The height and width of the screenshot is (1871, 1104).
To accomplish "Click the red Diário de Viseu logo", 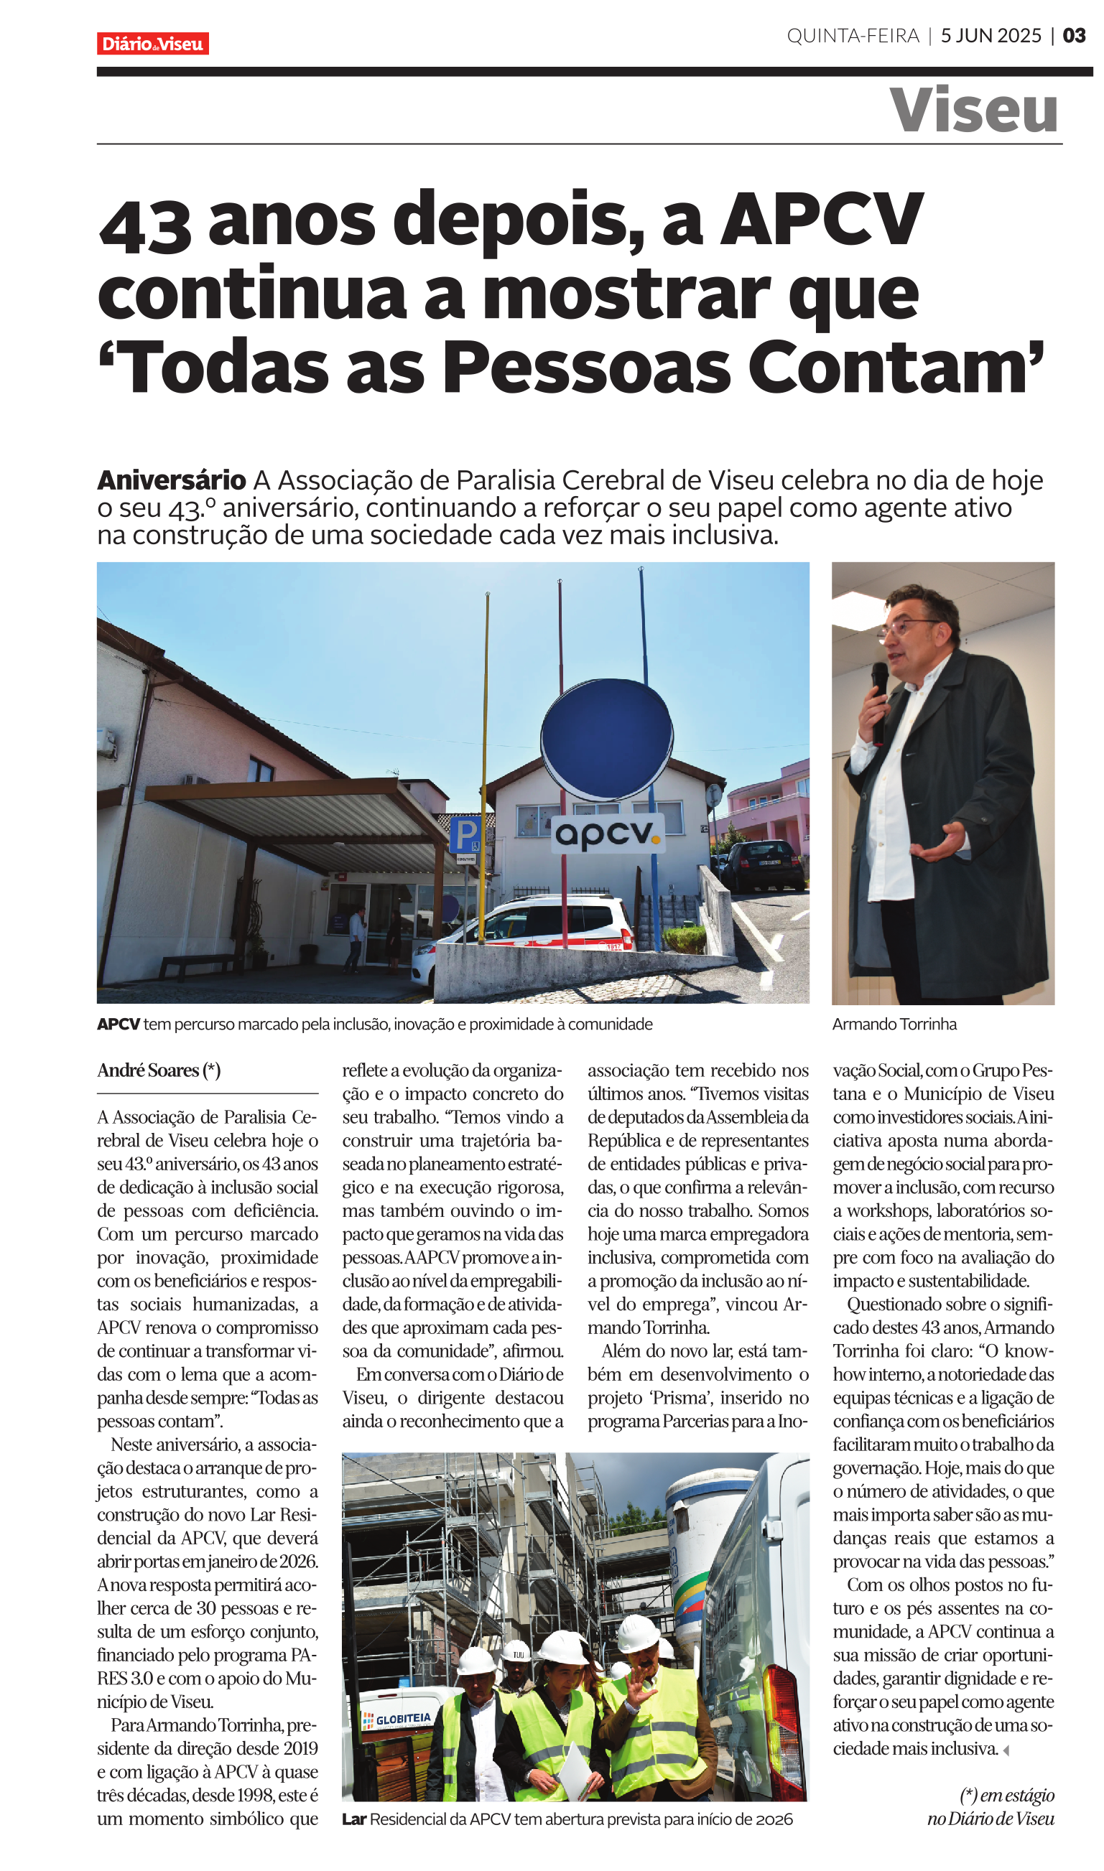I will [x=152, y=44].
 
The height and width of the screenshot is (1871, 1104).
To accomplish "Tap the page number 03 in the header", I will [x=1074, y=36].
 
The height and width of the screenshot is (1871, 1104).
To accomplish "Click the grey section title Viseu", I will [x=973, y=110].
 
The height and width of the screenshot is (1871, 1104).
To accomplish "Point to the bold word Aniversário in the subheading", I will [x=171, y=480].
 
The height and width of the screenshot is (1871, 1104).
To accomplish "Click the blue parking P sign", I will [x=465, y=834].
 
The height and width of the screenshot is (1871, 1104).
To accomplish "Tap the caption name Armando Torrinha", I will [x=894, y=1024].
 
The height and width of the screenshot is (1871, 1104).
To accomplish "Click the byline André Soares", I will [x=159, y=1070].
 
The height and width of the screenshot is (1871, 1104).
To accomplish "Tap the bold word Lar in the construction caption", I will [x=354, y=1819].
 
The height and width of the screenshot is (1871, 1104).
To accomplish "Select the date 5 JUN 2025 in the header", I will [x=991, y=36].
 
